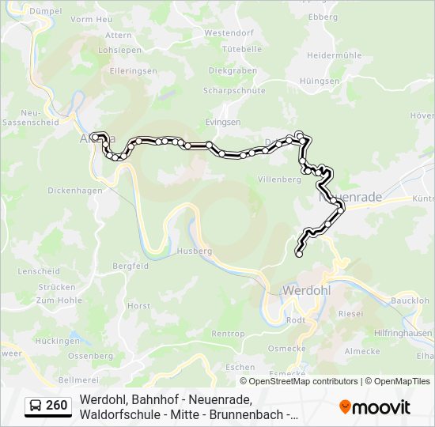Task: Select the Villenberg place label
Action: click(280, 179)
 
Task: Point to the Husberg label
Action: click(196, 251)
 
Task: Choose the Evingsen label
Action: click(222, 123)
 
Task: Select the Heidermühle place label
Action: click(334, 55)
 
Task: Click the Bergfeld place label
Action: click(130, 266)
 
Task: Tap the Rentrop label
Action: click(229, 334)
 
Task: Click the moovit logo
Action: click(374, 407)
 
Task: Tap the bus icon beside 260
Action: click(36, 406)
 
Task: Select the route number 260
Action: click(57, 406)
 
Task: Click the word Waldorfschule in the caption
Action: click(116, 414)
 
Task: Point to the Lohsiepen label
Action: click(113, 49)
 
